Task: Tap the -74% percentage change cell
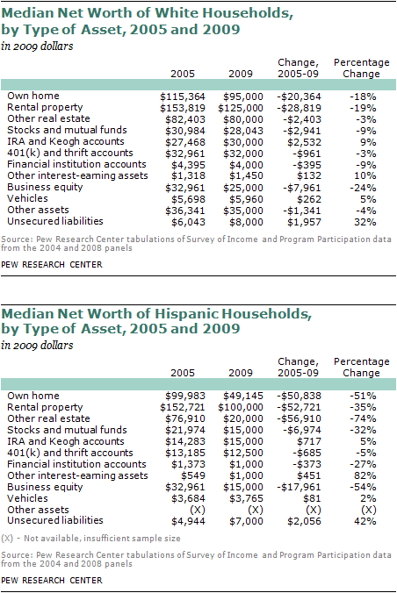367,417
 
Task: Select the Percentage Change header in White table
362,68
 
